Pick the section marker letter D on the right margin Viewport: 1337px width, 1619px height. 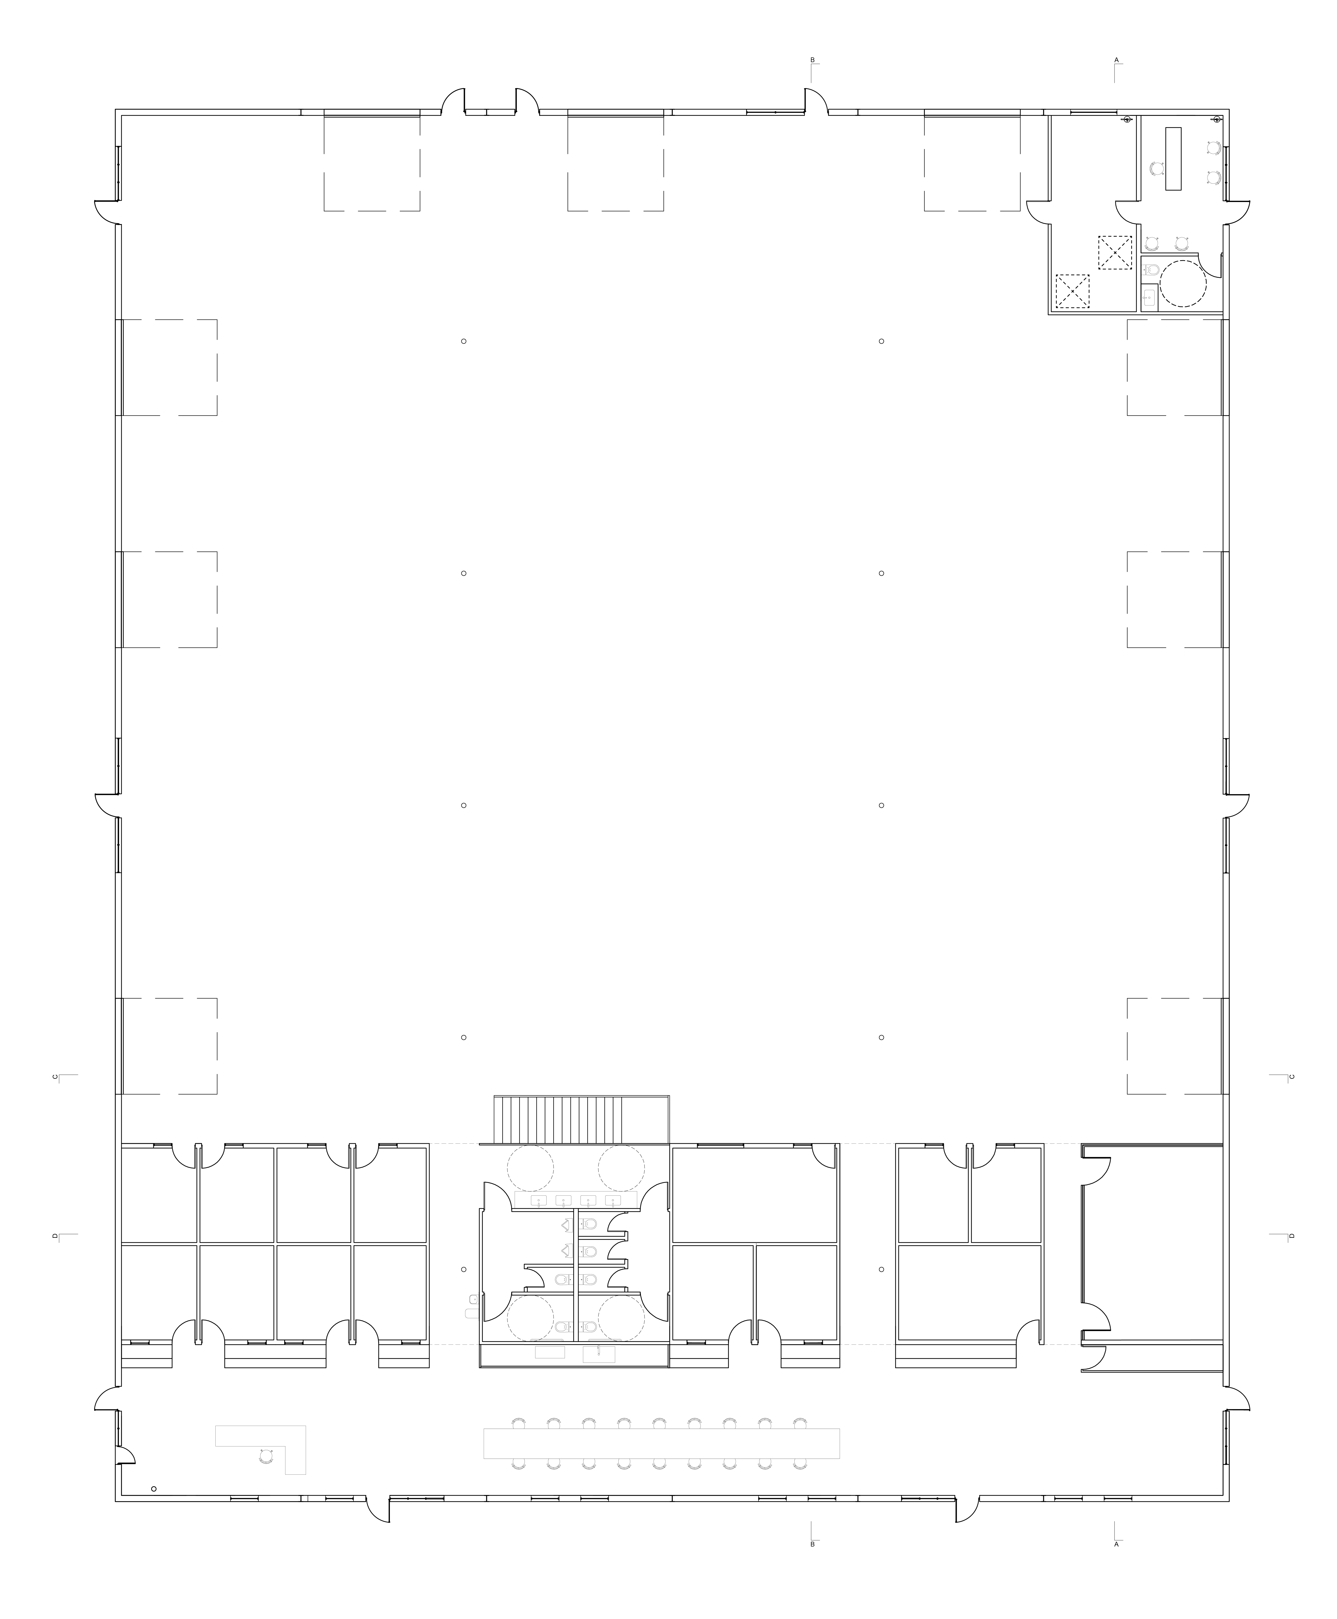pyautogui.click(x=1291, y=1236)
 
